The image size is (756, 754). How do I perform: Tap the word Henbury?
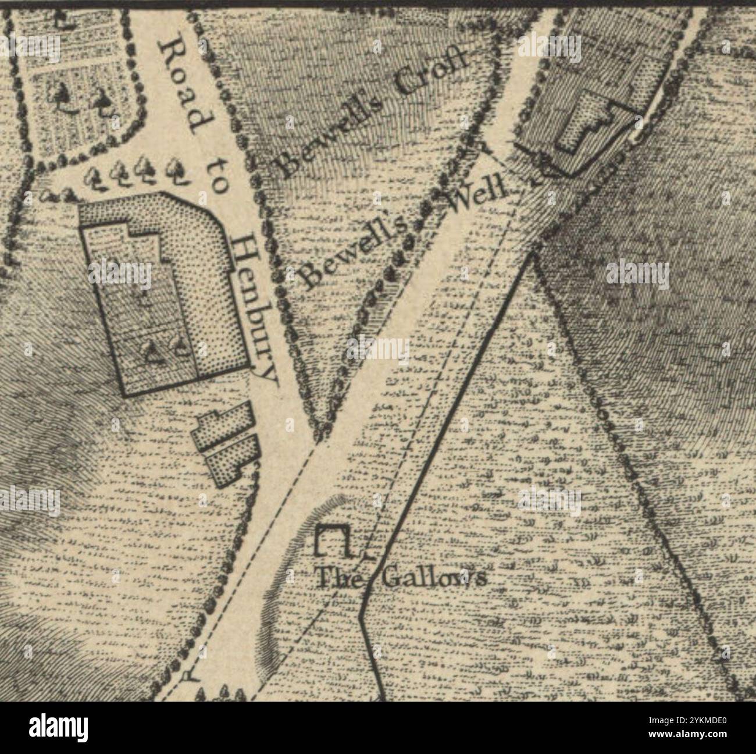pyautogui.click(x=253, y=308)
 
